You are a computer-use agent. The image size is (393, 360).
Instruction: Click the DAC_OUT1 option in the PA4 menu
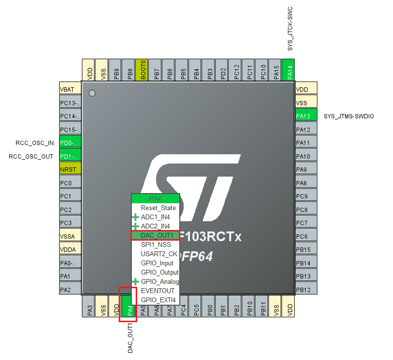pos(157,235)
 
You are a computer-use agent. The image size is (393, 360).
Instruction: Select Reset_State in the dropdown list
pos(158,208)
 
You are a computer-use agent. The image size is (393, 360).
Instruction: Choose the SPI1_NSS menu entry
pos(156,245)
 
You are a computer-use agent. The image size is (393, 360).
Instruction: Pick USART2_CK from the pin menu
pos(158,254)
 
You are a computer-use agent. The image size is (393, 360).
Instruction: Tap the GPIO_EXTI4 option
pos(158,300)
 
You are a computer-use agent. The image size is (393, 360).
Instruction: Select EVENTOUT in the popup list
pos(157,291)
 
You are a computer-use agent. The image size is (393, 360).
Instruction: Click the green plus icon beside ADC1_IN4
pos(135,217)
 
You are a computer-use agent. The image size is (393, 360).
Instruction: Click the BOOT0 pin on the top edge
pos(142,70)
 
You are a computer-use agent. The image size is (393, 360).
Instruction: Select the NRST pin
pos(69,169)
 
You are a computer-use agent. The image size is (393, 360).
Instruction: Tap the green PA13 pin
pos(305,116)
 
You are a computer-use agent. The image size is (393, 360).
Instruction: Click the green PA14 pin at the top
pos(289,70)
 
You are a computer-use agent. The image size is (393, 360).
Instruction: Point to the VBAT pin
pos(69,90)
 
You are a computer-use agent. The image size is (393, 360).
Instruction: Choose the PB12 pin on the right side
pos(305,290)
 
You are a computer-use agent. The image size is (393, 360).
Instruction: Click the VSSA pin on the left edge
pos(69,236)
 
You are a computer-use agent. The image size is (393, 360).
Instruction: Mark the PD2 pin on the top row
pos(222,70)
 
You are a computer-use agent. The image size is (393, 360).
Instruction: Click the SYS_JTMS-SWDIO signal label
pos(348,116)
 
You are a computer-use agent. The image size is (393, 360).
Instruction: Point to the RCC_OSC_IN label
pos(34,143)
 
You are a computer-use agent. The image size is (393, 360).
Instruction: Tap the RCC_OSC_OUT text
pos(31,156)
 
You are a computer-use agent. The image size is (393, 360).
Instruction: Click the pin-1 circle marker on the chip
pos(93,93)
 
